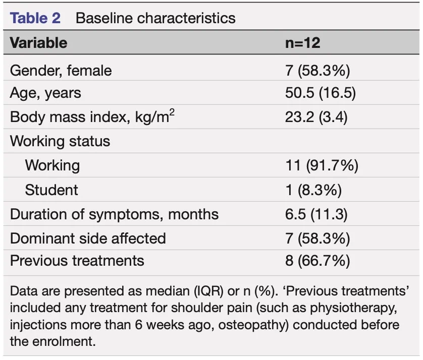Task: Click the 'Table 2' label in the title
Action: tap(35, 18)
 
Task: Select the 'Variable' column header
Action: tap(38, 43)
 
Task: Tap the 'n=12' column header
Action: tap(303, 43)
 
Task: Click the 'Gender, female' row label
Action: tap(61, 71)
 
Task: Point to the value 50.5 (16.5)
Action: tap(321, 93)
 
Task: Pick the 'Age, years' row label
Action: tap(45, 93)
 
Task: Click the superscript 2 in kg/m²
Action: tap(172, 112)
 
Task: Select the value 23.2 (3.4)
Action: tap(316, 117)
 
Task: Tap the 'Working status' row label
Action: tap(60, 142)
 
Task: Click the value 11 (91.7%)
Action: tap(322, 165)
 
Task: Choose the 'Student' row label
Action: tap(51, 190)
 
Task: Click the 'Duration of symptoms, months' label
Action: tap(114, 215)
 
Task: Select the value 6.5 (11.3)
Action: tap(316, 214)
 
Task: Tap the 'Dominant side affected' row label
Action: tap(88, 239)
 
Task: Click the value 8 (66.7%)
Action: tap(318, 261)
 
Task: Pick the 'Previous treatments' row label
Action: tap(77, 261)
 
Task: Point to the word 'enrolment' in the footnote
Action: tap(64, 342)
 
